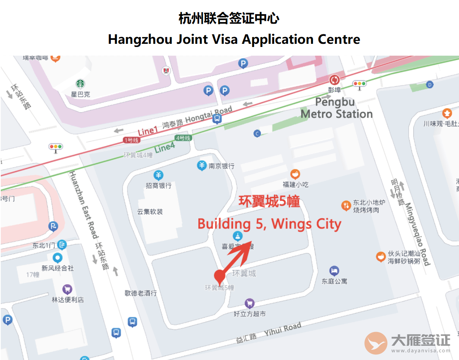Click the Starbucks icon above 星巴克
(x=80, y=84)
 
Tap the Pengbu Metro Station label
(x=336, y=108)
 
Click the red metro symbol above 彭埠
(x=334, y=80)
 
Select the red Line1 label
(x=147, y=131)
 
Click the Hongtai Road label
(x=209, y=115)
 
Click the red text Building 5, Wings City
(x=269, y=224)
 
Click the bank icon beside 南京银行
(x=202, y=166)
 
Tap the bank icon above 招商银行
(x=158, y=175)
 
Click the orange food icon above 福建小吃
(x=295, y=174)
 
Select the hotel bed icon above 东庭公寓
(x=334, y=271)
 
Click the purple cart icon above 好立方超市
(x=249, y=304)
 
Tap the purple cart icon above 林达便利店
(x=67, y=289)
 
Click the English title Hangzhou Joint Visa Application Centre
(x=234, y=39)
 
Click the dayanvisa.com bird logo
(x=375, y=343)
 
